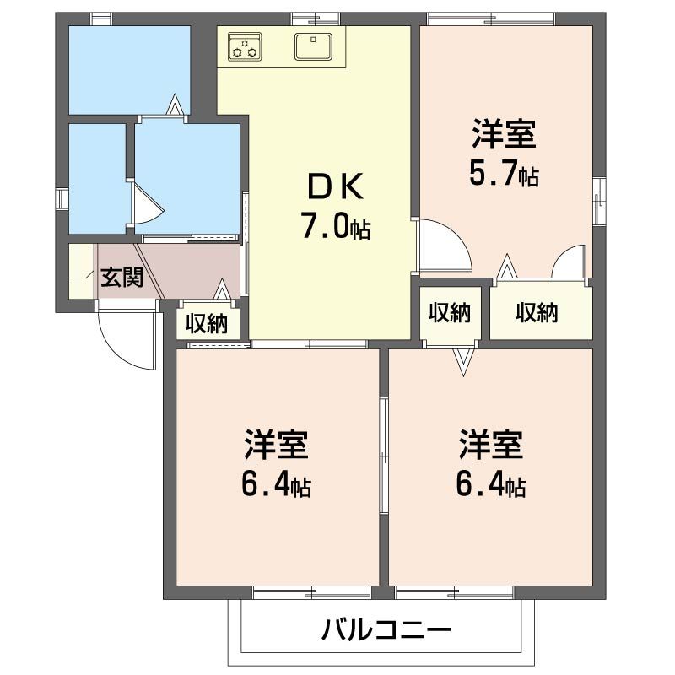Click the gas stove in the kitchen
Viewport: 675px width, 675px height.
coord(244,46)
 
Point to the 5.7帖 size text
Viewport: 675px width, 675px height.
coord(504,175)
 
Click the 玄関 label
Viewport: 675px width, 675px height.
coord(121,278)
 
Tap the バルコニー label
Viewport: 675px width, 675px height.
coord(386,629)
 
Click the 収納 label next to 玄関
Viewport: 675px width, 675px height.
coord(207,323)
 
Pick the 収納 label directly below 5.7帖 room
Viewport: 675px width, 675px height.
coord(537,313)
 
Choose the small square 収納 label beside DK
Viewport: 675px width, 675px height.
coord(449,313)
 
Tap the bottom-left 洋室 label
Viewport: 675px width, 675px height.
coord(277,442)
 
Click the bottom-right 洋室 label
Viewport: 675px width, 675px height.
coord(491,442)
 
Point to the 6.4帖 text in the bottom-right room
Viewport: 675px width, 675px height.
coord(491,484)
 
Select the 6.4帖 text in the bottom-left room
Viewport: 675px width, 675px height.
coord(277,484)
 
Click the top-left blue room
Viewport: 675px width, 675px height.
coord(128,69)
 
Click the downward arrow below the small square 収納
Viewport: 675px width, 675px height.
coord(463,361)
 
